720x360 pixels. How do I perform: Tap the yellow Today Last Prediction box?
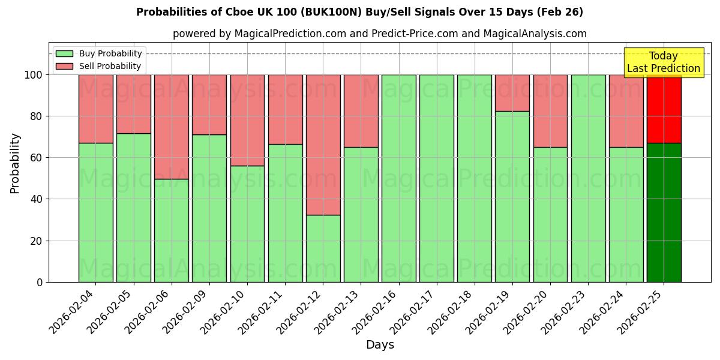(x=663, y=62)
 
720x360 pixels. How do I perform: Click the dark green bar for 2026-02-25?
(x=664, y=212)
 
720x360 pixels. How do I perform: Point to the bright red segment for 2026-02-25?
(x=664, y=109)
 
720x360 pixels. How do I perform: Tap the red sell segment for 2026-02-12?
(x=323, y=145)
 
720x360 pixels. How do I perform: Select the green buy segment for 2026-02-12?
(x=323, y=248)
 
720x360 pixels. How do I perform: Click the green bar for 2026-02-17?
(x=436, y=178)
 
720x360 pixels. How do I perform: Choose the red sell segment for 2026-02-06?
(x=172, y=127)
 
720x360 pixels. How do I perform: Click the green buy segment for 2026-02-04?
(x=95, y=212)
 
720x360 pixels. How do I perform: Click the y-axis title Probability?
(x=15, y=163)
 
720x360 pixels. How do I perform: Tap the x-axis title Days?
(x=380, y=345)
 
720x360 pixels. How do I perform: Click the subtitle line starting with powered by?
(x=379, y=34)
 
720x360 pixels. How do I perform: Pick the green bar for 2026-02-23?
(x=588, y=178)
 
